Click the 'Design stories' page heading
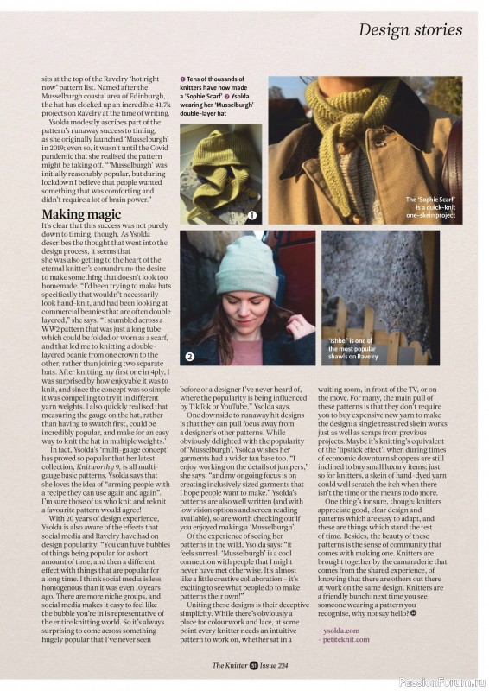410,30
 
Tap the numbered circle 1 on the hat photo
251,215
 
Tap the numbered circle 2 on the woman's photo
189,356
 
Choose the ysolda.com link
341,631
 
